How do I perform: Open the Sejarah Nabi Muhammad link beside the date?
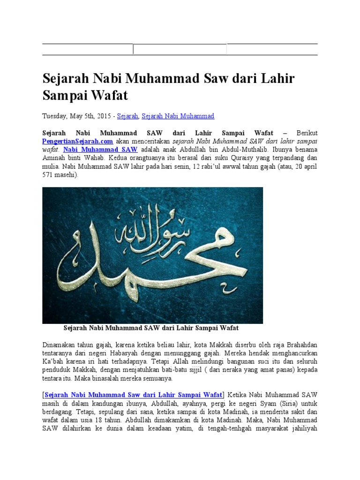tap(178, 116)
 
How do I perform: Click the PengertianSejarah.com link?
tap(77, 141)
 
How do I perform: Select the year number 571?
tap(48, 175)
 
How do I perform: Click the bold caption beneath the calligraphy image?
tap(151, 328)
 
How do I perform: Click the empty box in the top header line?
tap(180, 49)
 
